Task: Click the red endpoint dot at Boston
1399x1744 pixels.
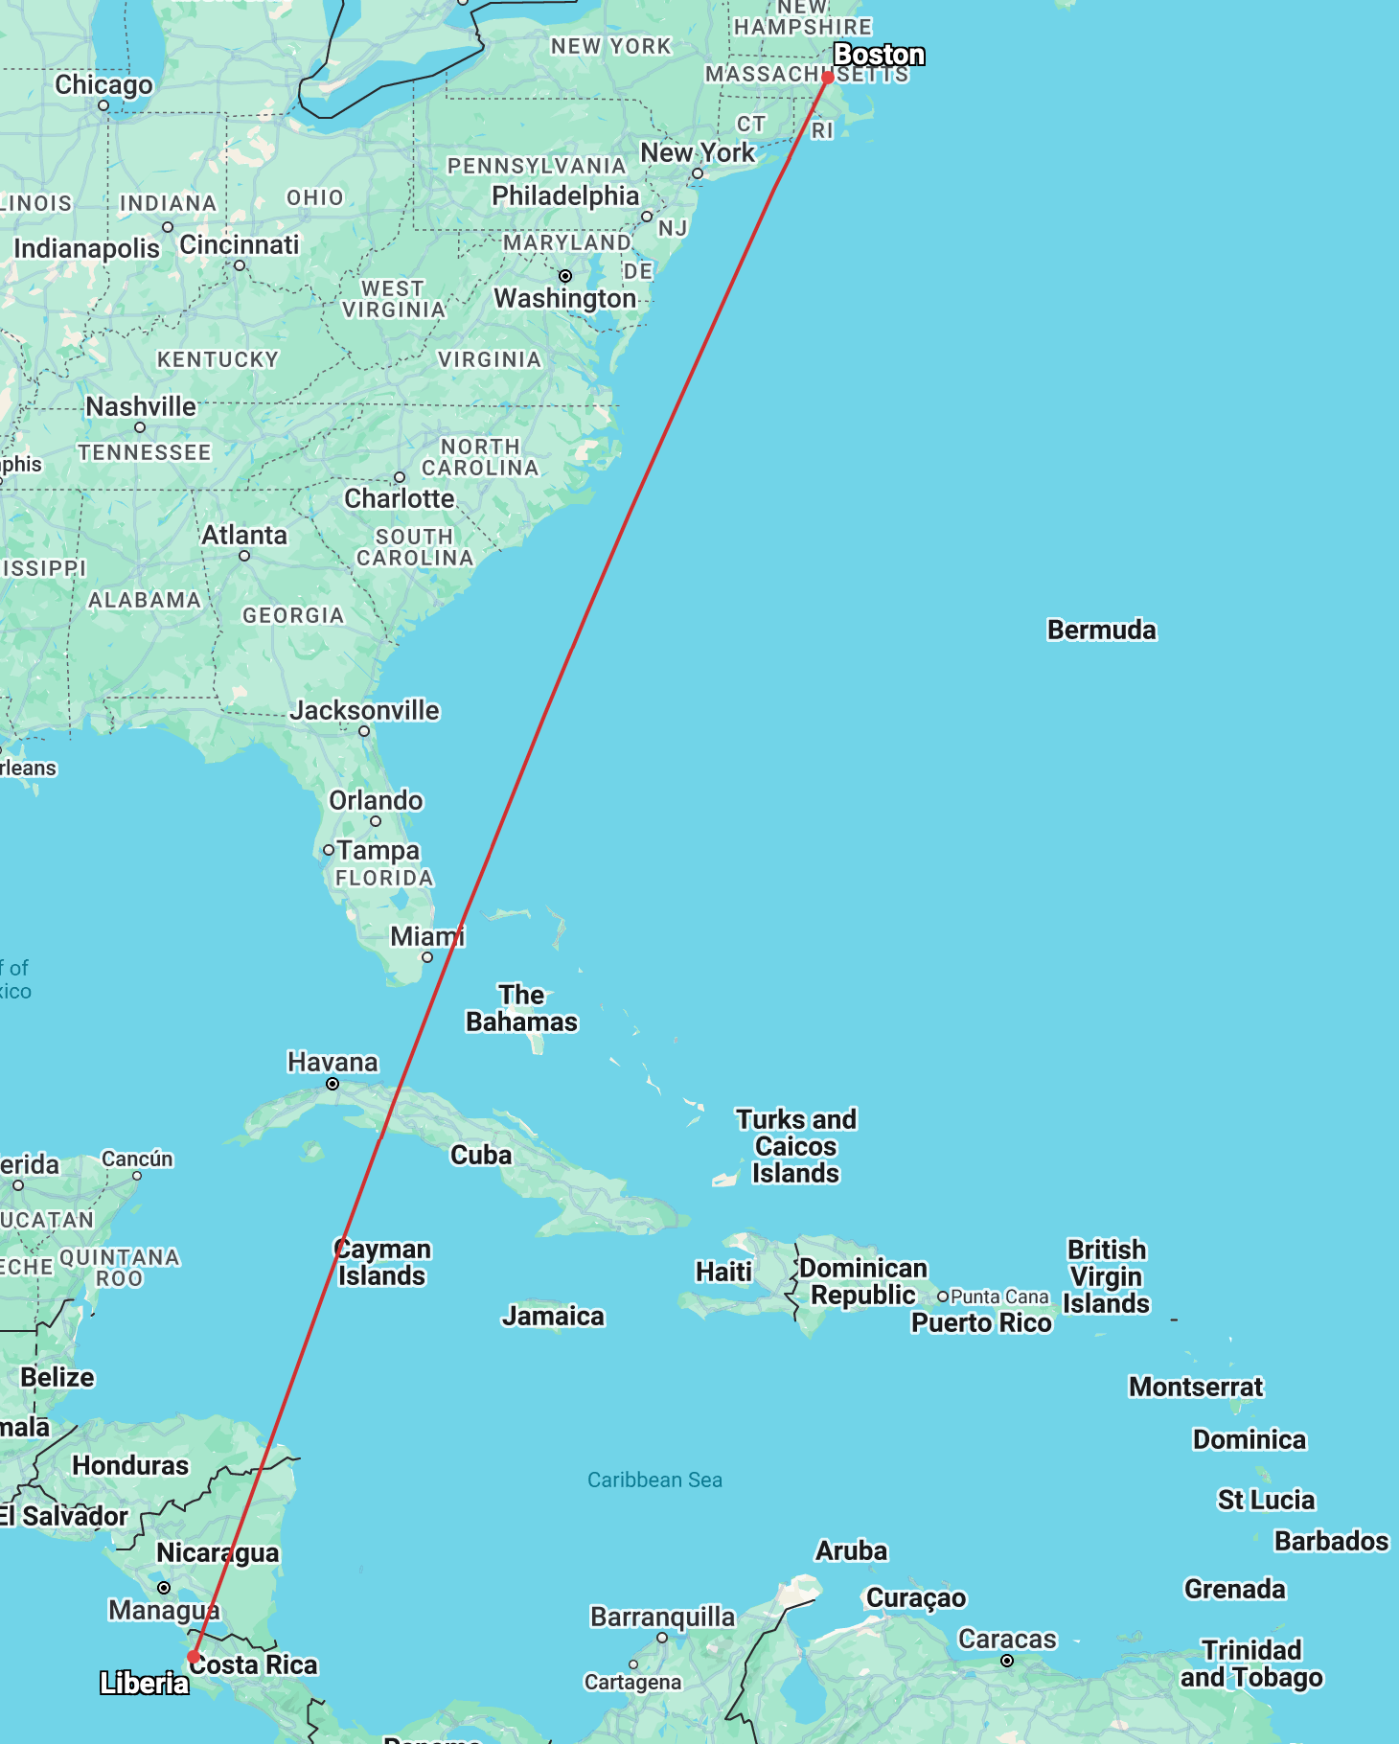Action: click(x=828, y=78)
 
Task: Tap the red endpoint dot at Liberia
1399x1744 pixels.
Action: click(x=194, y=1656)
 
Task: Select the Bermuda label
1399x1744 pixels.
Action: click(x=1101, y=630)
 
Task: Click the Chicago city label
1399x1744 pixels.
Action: click(x=103, y=84)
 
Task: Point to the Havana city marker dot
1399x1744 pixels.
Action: click(x=333, y=1084)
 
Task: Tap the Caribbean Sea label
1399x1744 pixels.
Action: click(x=654, y=1480)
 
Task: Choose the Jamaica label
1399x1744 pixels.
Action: click(x=553, y=1316)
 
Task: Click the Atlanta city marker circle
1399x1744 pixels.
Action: click(x=244, y=556)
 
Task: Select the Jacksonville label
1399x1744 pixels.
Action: click(x=364, y=710)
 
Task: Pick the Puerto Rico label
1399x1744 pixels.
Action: click(x=981, y=1322)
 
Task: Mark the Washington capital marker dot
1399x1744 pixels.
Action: click(x=565, y=276)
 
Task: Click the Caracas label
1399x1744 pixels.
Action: click(x=1007, y=1639)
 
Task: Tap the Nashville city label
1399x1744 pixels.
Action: click(x=141, y=406)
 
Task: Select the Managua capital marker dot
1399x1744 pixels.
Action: click(x=164, y=1588)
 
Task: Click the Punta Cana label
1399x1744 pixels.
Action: click(x=999, y=1297)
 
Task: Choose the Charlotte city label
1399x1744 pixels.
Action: click(x=400, y=498)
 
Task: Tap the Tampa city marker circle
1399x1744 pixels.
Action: click(x=329, y=850)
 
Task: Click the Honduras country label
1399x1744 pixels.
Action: click(x=130, y=1465)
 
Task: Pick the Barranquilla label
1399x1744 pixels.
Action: click(x=662, y=1617)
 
